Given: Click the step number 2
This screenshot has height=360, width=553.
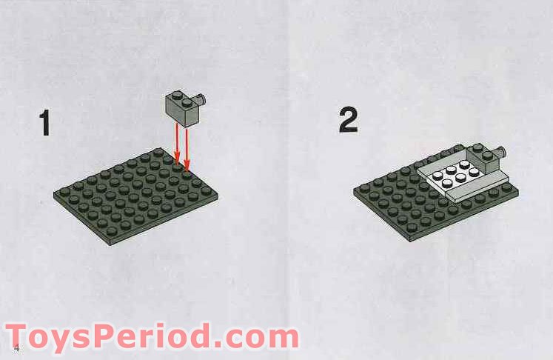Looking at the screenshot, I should tap(348, 120).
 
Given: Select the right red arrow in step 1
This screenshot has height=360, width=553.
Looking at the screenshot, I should tap(187, 144).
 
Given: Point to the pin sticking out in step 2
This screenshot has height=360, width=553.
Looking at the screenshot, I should tap(502, 153).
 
